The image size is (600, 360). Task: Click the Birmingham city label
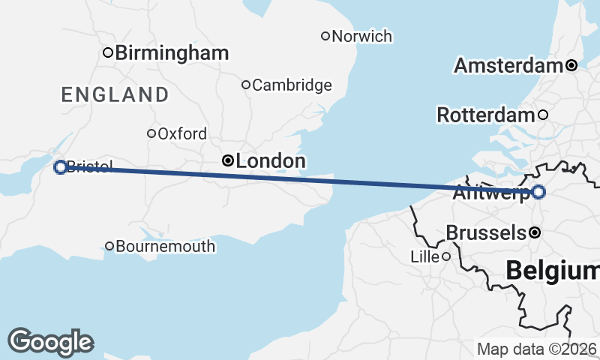pyautogui.click(x=172, y=53)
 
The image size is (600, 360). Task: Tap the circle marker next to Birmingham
pyautogui.click(x=108, y=52)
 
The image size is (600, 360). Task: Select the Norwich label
pyautogui.click(x=361, y=36)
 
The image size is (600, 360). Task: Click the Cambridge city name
pyautogui.click(x=292, y=85)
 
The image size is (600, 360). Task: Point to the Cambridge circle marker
pyautogui.click(x=245, y=85)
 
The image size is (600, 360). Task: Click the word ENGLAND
pyautogui.click(x=115, y=94)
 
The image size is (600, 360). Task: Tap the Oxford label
pyautogui.click(x=182, y=134)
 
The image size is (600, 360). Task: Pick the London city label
pyautogui.click(x=271, y=161)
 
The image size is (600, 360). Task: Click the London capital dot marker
pyautogui.click(x=227, y=160)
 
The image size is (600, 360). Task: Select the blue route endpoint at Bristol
pyautogui.click(x=61, y=167)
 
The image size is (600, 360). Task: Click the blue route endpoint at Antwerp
pyautogui.click(x=538, y=192)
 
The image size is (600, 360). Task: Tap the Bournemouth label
pyautogui.click(x=166, y=246)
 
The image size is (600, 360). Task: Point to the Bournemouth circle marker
pyautogui.click(x=109, y=246)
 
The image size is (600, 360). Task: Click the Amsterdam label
pyautogui.click(x=508, y=66)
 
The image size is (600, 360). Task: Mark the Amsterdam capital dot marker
pyautogui.click(x=571, y=66)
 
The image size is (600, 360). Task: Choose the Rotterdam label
pyautogui.click(x=485, y=115)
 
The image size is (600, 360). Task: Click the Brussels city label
pyautogui.click(x=486, y=233)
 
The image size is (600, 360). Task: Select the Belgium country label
pyautogui.click(x=552, y=271)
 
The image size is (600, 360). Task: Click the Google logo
pyautogui.click(x=50, y=341)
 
